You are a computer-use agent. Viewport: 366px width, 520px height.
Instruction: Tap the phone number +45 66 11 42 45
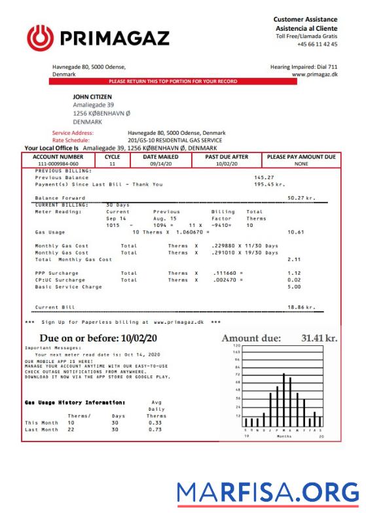[x=317, y=44]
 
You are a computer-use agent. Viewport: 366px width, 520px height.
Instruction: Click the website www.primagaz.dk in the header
[x=315, y=75]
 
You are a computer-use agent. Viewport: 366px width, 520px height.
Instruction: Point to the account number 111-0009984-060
[x=58, y=164]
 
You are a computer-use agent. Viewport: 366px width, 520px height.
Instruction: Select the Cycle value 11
[x=112, y=164]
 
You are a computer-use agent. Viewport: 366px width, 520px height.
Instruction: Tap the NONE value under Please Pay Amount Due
[x=301, y=164]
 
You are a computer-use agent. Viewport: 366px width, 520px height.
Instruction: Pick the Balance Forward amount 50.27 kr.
[x=301, y=197]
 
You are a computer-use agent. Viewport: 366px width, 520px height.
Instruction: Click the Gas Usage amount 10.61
[x=296, y=232]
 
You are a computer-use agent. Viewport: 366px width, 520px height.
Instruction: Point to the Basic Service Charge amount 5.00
[x=294, y=286]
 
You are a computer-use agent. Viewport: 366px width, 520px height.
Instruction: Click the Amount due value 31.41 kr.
[x=318, y=338]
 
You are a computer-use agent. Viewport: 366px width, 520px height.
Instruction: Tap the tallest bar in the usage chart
[x=284, y=400]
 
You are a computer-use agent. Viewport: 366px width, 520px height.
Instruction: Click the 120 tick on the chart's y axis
[x=238, y=345]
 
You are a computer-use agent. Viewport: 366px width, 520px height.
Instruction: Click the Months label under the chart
[x=284, y=436]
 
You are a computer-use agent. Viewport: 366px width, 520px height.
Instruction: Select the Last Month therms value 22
[x=71, y=430]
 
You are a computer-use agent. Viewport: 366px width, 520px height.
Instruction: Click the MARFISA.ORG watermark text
[x=268, y=492]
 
